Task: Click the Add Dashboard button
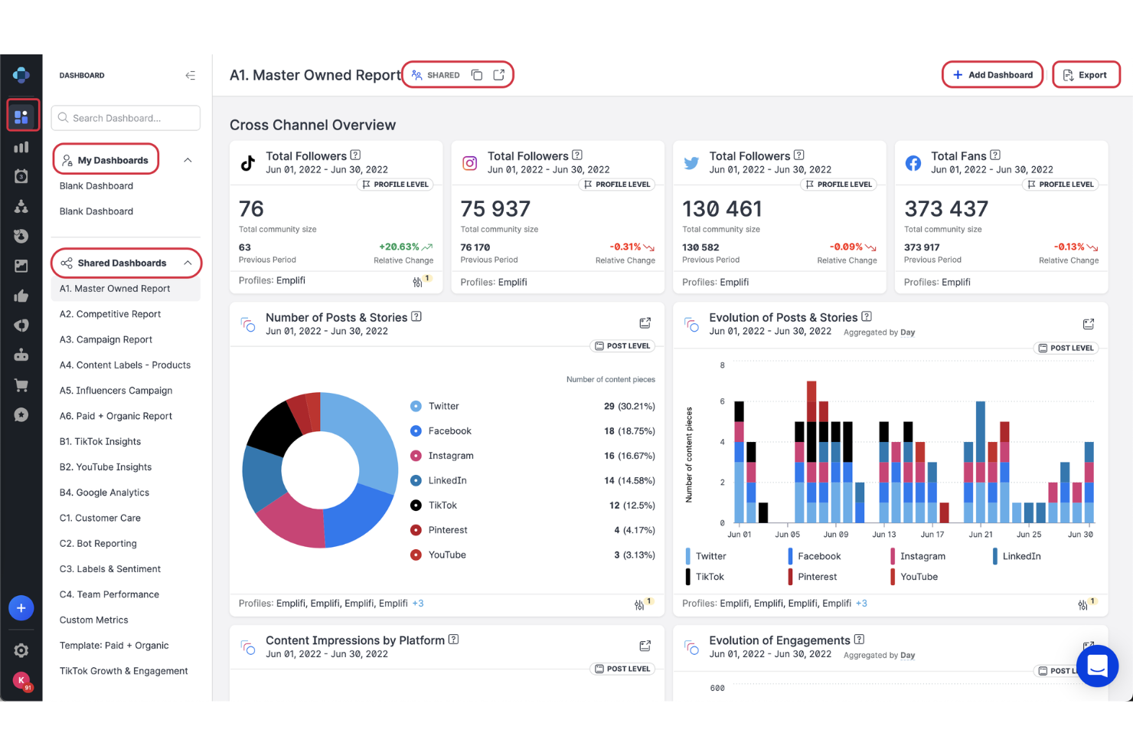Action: [x=992, y=75]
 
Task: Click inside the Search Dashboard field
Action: [x=126, y=118]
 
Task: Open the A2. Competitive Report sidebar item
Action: [x=110, y=314]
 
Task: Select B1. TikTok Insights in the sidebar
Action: [x=100, y=441]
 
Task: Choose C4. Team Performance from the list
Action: [x=109, y=594]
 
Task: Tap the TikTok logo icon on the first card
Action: [x=248, y=163]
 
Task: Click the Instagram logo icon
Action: [x=470, y=163]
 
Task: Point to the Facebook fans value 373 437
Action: [x=946, y=208]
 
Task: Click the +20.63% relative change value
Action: [x=399, y=247]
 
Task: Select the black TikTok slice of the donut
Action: [x=274, y=427]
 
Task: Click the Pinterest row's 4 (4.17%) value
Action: [x=634, y=530]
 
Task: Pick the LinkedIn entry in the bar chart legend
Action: [x=1021, y=556]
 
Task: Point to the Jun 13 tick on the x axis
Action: [x=884, y=535]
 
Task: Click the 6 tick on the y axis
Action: [x=722, y=401]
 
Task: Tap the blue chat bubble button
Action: [x=1097, y=666]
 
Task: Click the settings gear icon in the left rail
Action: [x=21, y=650]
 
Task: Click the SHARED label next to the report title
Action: [x=442, y=75]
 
